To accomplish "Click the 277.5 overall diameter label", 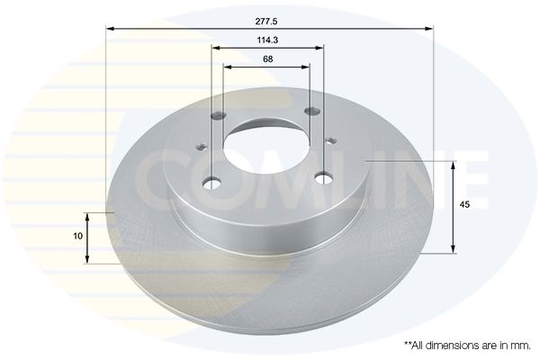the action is [266, 22].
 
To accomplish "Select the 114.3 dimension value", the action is [267, 40].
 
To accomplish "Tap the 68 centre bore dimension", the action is [267, 59].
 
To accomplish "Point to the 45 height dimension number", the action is [464, 204].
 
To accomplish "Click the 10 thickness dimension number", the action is [78, 236].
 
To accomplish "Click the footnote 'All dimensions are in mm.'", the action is [467, 346].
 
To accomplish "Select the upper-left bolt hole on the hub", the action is [218, 116].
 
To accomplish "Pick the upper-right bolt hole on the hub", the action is [312, 111].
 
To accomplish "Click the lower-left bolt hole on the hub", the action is [212, 184].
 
